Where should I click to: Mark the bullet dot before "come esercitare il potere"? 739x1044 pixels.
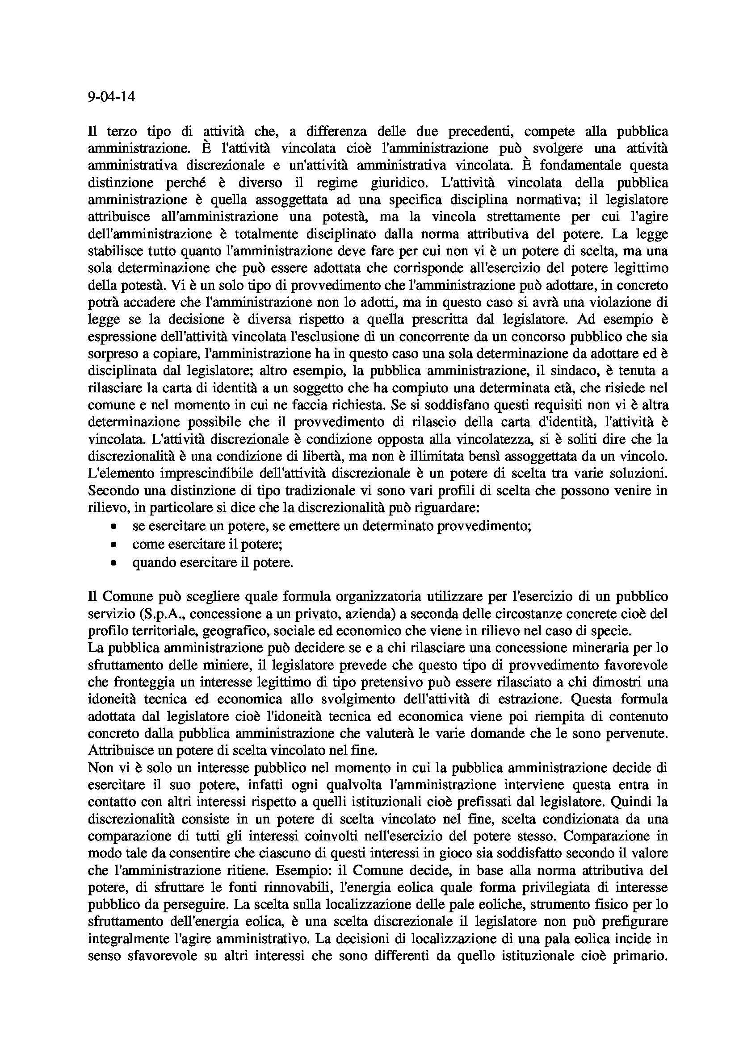[113, 544]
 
